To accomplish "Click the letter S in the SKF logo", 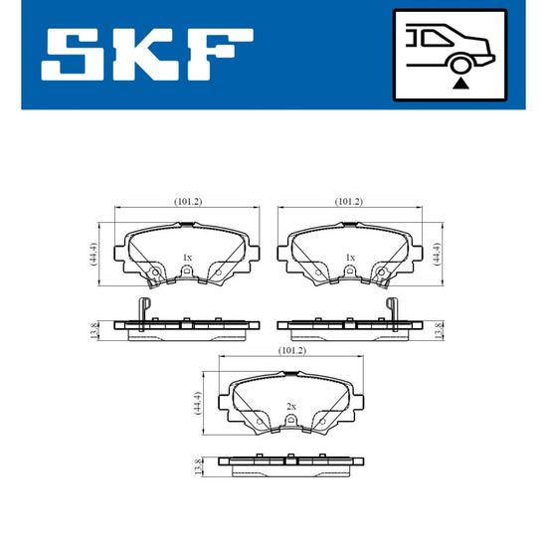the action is [x=73, y=55].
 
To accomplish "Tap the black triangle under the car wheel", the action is [x=460, y=84].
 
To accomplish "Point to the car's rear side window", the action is [x=436, y=38].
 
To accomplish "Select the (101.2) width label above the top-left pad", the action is [x=188, y=201].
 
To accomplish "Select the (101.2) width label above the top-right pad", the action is [x=349, y=201].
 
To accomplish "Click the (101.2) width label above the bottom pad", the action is [x=292, y=350].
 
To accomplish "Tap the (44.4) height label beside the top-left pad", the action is [x=93, y=255].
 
